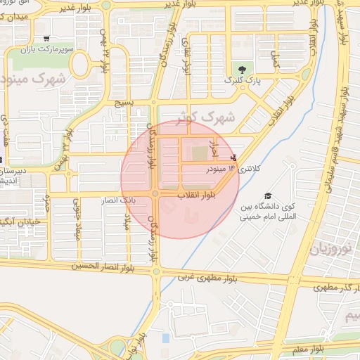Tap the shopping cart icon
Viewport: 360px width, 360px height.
coord(46,39)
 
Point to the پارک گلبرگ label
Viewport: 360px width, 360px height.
coord(242,81)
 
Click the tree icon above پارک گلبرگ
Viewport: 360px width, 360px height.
coord(242,69)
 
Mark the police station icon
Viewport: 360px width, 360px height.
coord(233,157)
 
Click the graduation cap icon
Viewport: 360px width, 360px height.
coord(267,196)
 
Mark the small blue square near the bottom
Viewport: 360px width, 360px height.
coord(165,338)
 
